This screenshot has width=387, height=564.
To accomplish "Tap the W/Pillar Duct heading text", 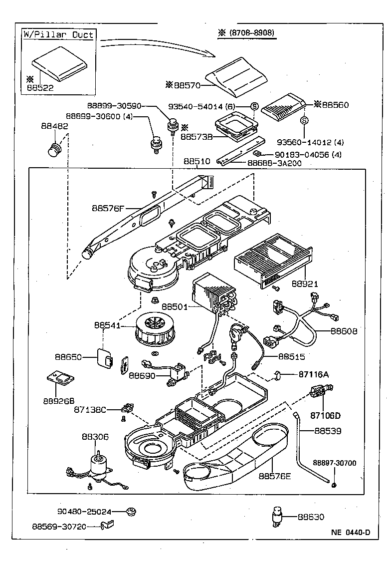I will pyautogui.click(x=59, y=35).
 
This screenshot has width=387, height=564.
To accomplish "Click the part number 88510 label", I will pyautogui.click(x=197, y=162).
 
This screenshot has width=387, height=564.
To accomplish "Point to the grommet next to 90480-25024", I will pyautogui.click(x=132, y=511).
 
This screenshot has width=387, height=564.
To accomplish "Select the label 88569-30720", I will pyautogui.click(x=59, y=526).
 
